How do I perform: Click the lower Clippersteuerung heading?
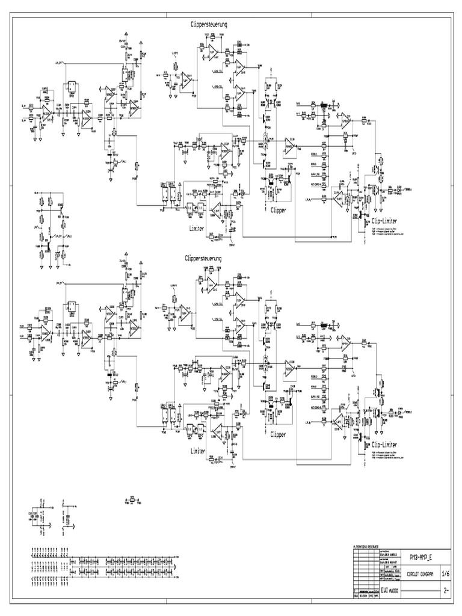pos(205,257)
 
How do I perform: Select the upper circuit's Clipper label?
pos(278,211)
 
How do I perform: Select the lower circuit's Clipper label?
pos(278,434)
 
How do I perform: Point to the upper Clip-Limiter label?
pos(389,221)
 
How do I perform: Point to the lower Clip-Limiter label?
pos(389,445)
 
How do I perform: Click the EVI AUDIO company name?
pos(393,591)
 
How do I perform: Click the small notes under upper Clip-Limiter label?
pos(388,232)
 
